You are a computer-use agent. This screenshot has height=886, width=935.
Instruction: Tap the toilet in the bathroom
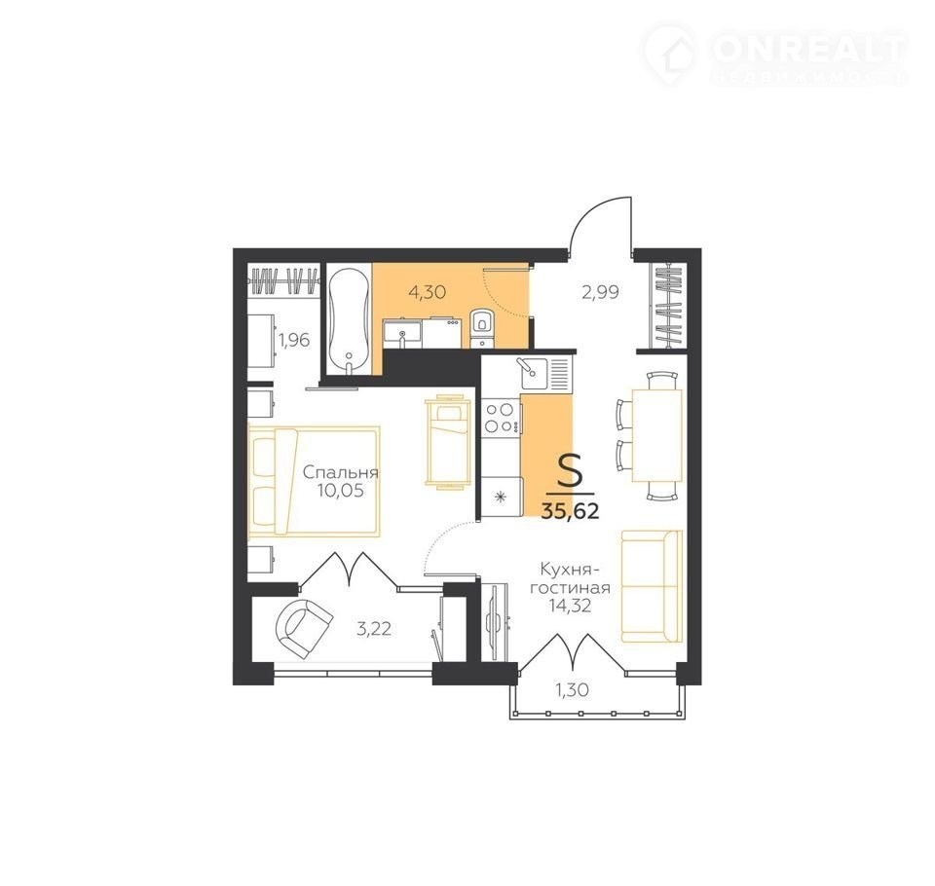(480, 328)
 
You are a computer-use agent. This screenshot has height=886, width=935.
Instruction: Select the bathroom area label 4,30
(427, 293)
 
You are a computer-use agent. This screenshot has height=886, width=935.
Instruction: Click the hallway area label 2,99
(601, 293)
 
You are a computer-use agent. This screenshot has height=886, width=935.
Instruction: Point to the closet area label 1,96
(294, 341)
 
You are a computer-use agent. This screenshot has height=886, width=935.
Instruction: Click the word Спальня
(341, 473)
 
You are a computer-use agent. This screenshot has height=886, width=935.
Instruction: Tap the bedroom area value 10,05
(341, 491)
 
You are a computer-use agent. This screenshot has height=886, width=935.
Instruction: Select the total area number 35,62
(570, 511)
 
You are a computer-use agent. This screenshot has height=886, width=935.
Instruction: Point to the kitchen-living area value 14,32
(570, 607)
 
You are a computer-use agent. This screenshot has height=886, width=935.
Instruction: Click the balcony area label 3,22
(374, 629)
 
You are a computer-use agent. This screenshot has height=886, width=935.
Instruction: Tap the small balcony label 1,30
(573, 690)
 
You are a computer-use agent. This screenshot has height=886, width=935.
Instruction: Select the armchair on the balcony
(304, 628)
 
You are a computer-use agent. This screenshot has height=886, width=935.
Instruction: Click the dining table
(656, 435)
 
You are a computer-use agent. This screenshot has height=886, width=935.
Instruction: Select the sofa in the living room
(652, 587)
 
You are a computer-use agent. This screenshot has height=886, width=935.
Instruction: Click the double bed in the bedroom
(314, 481)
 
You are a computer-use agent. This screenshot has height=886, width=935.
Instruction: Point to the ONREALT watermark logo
(775, 55)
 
